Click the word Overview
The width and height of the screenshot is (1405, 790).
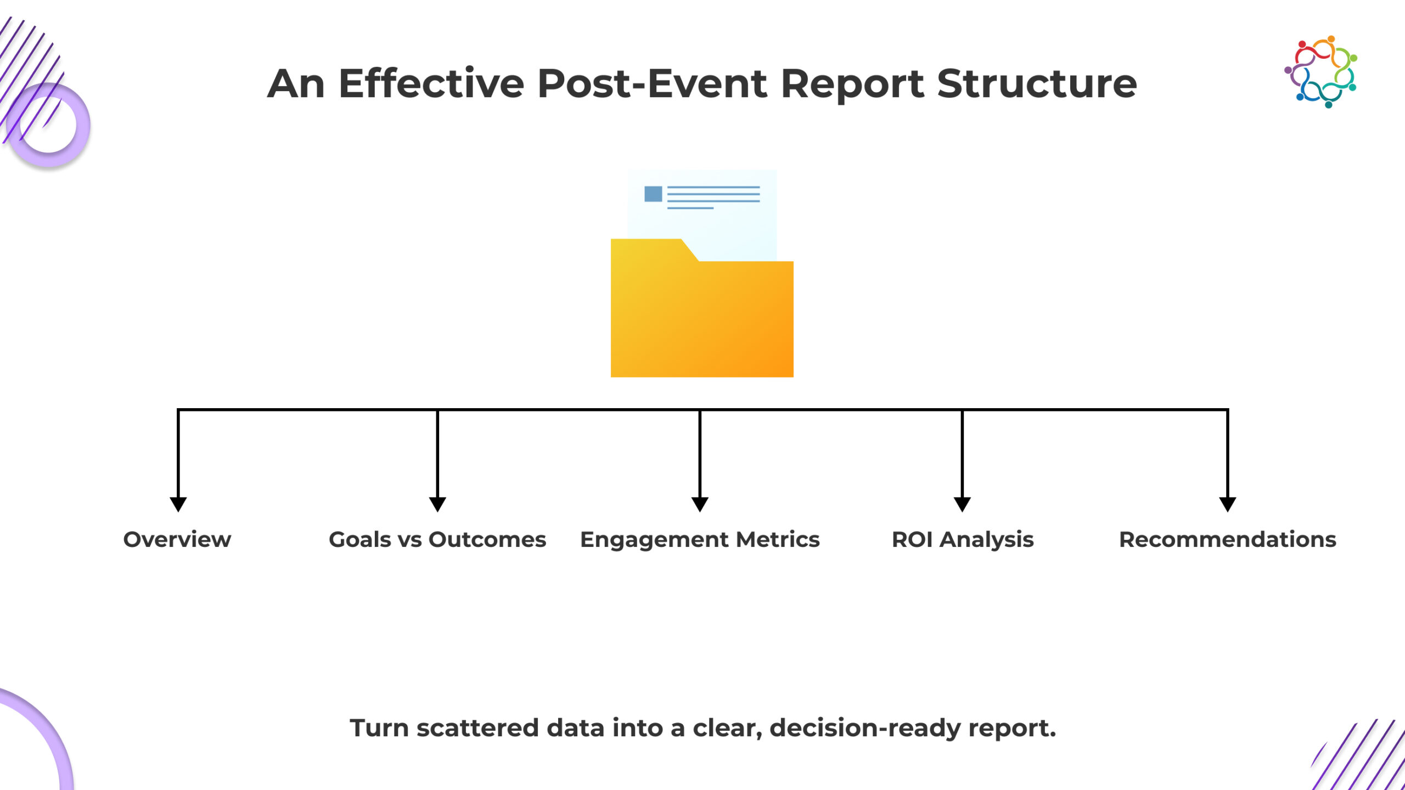pyautogui.click(x=177, y=539)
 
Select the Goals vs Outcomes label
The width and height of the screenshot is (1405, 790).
pyautogui.click(x=437, y=539)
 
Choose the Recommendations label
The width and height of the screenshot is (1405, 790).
pyautogui.click(x=1228, y=539)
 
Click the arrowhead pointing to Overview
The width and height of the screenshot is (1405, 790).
pyautogui.click(x=178, y=504)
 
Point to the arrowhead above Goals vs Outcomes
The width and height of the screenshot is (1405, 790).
pyautogui.click(x=437, y=504)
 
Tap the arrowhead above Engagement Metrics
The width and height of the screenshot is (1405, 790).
pyautogui.click(x=700, y=504)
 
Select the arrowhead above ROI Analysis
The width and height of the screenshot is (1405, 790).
pyautogui.click(x=962, y=504)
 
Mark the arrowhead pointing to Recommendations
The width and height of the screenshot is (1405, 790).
pyautogui.click(x=1228, y=504)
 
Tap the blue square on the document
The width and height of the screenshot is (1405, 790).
pyautogui.click(x=653, y=194)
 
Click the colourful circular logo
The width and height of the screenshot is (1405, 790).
pyautogui.click(x=1320, y=72)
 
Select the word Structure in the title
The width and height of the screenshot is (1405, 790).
pyautogui.click(x=1037, y=84)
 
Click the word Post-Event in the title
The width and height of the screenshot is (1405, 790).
pyautogui.click(x=653, y=84)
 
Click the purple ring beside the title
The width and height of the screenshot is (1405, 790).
pyautogui.click(x=48, y=125)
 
